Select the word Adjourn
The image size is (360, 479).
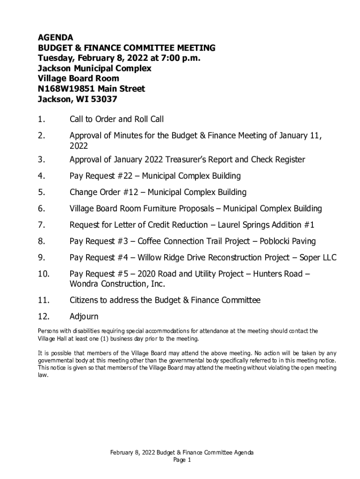84,316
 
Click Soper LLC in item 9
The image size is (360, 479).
318,258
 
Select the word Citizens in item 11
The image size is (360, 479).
85,300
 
